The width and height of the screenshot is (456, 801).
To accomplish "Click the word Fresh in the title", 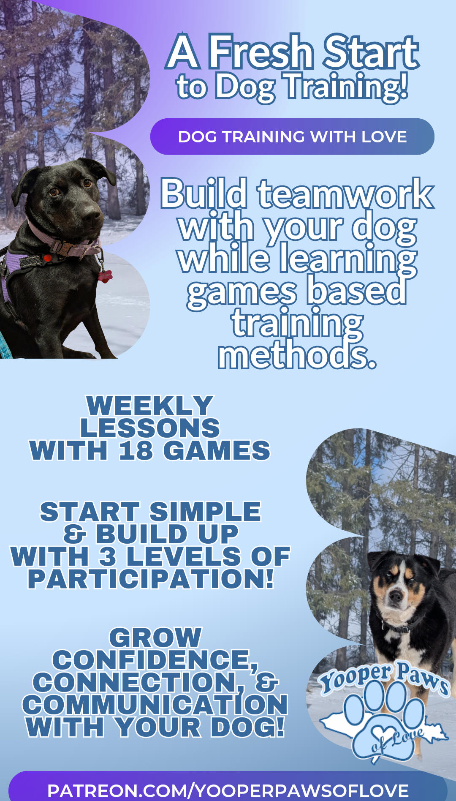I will coord(261,52).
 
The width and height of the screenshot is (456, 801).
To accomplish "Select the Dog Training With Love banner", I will coord(292,136).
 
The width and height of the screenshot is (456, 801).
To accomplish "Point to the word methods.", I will coord(297,356).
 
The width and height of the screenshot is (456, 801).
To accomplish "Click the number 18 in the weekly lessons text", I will coord(136,450).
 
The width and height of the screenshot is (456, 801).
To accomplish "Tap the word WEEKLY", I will coord(150,406).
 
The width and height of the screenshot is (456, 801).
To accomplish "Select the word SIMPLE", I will coord(205,512).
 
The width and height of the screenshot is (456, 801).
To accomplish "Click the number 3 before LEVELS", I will coord(108,556).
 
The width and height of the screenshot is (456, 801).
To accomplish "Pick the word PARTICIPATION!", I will coord(151,579).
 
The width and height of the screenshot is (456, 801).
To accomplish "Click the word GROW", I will coord(155,638).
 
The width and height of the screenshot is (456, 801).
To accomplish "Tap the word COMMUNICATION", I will coord(155,705).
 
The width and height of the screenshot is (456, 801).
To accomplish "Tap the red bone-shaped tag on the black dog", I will coord(105,276).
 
